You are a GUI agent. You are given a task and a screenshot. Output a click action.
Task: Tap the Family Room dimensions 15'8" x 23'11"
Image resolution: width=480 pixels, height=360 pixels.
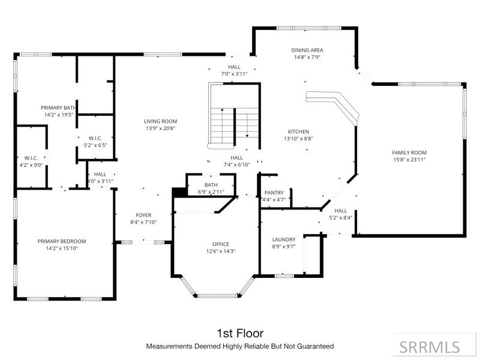coord(409,160)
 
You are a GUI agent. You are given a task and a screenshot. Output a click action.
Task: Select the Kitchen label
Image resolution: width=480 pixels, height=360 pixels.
coord(298,131)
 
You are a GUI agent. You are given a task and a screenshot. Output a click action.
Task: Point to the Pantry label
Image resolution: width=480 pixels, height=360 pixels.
coord(274,193)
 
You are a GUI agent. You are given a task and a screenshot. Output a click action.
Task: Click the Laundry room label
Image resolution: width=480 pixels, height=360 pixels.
coord(283,239)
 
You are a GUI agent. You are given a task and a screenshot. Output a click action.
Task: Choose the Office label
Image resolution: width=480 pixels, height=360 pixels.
coord(220,244)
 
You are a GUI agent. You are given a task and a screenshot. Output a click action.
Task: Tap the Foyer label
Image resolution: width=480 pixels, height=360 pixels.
coord(143,215)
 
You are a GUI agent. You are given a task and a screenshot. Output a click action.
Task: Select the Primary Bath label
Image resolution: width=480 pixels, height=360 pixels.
coord(58,107)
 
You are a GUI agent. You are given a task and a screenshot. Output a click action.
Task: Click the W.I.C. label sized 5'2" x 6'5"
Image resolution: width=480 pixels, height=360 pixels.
coord(95,138)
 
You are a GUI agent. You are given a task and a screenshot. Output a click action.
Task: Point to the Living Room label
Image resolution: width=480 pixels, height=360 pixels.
coord(160,121)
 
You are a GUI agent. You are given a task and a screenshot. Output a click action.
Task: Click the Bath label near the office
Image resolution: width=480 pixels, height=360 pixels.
coord(211,185)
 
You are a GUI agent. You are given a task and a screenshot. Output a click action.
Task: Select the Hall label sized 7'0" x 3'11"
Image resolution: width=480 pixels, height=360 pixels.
coord(234,67)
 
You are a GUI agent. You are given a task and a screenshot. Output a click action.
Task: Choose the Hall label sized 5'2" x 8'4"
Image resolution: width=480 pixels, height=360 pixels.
coord(341,211)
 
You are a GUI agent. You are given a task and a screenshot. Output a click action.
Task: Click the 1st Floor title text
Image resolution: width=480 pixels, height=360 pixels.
coord(239,333)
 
